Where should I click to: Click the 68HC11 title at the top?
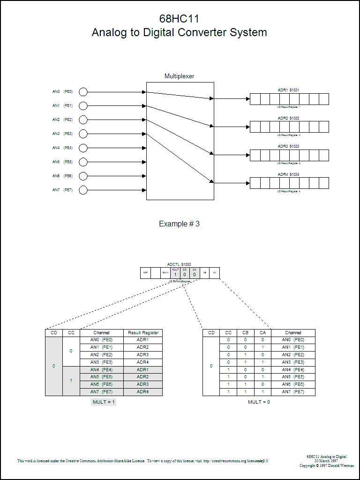tap(180, 19)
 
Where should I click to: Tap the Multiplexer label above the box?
tap(179, 76)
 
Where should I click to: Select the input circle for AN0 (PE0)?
tap(83, 92)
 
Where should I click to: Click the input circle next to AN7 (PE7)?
tap(83, 190)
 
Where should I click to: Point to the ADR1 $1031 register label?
tap(288, 90)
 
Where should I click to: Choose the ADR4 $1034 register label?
tap(288, 174)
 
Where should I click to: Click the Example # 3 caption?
tap(179, 224)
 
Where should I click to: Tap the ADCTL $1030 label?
tap(179, 264)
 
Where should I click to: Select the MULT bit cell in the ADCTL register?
tap(175, 273)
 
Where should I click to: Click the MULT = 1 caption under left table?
tap(103, 402)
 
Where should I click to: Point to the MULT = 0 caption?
tap(259, 402)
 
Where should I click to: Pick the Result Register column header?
tap(143, 333)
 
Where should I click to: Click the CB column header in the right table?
tap(246, 333)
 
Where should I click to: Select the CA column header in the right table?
tap(262, 333)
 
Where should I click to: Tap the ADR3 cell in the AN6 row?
tap(142, 384)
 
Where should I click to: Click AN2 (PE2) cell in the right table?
tap(293, 355)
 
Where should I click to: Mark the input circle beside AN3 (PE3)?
tap(83, 134)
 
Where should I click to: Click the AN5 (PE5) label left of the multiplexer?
tap(62, 162)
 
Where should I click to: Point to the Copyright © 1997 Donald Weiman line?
tap(327, 465)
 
